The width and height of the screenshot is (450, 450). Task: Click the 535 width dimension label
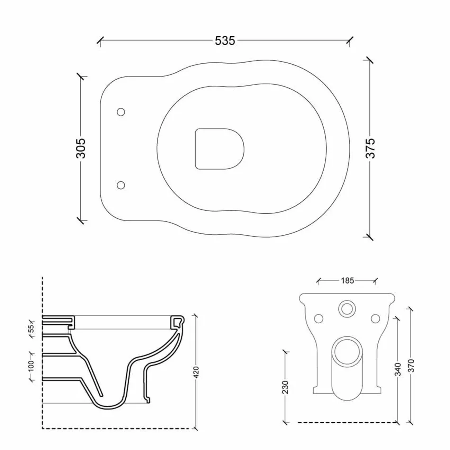(x=225, y=41)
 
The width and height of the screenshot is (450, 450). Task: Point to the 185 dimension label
(x=347, y=280)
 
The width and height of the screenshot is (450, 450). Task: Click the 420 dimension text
(x=196, y=372)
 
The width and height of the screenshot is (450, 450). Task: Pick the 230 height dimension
(x=285, y=387)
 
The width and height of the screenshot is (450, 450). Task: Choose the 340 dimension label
(x=398, y=369)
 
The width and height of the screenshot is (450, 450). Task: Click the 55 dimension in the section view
(x=31, y=328)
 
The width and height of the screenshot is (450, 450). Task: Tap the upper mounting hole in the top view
(x=121, y=112)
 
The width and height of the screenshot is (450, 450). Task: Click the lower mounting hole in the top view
(x=121, y=185)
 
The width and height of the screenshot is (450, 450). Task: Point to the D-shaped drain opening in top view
(x=219, y=148)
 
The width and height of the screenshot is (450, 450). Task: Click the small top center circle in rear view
(x=347, y=309)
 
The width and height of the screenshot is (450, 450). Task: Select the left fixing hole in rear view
(x=319, y=317)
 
